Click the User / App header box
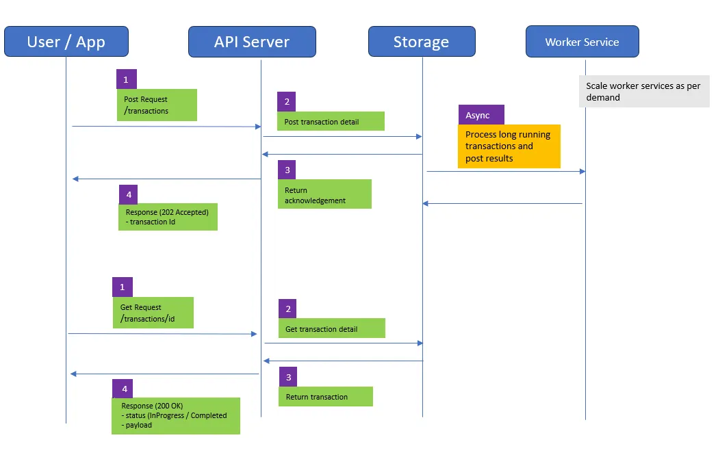click(x=66, y=42)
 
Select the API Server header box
click(x=252, y=42)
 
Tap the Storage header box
click(x=421, y=42)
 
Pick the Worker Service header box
click(x=582, y=42)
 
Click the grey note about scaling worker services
click(x=644, y=92)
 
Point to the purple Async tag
click(x=481, y=115)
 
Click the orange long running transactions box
click(x=509, y=146)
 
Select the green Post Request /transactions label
click(x=157, y=105)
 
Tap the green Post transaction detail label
click(x=331, y=121)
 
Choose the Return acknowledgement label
click(x=324, y=194)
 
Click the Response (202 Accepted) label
click(x=168, y=216)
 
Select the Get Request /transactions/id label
click(x=153, y=313)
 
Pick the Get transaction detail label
click(x=331, y=328)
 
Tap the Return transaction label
click(x=325, y=397)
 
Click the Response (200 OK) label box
click(x=176, y=415)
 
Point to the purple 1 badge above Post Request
click(x=126, y=79)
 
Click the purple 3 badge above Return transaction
click(x=289, y=377)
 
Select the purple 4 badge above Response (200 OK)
click(x=124, y=389)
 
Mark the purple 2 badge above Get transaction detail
click(x=288, y=309)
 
